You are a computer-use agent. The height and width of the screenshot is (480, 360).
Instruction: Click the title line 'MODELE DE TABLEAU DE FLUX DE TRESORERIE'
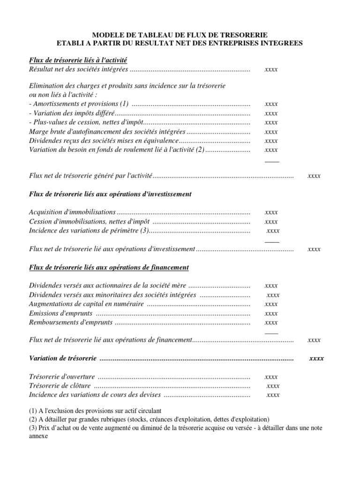point(180,35)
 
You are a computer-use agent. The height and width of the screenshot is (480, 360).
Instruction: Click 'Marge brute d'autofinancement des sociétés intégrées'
point(107,132)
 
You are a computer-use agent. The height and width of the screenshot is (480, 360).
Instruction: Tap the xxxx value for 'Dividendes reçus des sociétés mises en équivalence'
point(271,141)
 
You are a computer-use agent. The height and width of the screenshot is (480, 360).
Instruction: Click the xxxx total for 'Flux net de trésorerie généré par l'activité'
point(314,176)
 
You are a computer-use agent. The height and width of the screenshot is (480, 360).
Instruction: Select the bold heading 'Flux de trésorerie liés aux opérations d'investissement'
point(110,194)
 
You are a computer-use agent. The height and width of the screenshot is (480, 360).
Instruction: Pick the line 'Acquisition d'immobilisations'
point(72,212)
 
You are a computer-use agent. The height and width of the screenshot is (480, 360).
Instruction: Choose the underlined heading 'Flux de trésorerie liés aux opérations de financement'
point(109,268)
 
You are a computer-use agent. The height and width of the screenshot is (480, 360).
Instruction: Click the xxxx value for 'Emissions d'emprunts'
point(271,313)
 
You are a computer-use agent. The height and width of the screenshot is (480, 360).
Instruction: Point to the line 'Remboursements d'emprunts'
point(71,322)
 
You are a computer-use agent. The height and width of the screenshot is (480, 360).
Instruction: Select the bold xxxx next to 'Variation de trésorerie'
point(316,359)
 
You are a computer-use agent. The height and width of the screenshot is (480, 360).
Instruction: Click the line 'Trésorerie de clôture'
point(60,386)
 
